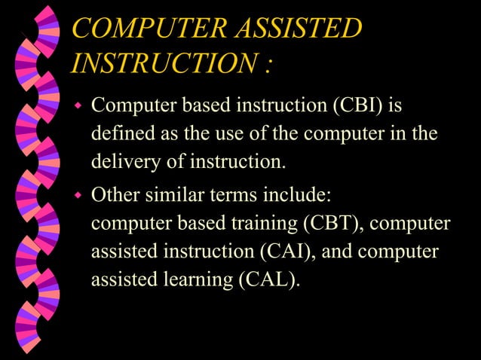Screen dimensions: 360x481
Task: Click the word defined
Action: tap(119, 133)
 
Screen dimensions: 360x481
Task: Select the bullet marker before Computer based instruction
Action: tap(77, 105)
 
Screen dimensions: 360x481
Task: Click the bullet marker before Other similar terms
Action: tap(77, 197)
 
